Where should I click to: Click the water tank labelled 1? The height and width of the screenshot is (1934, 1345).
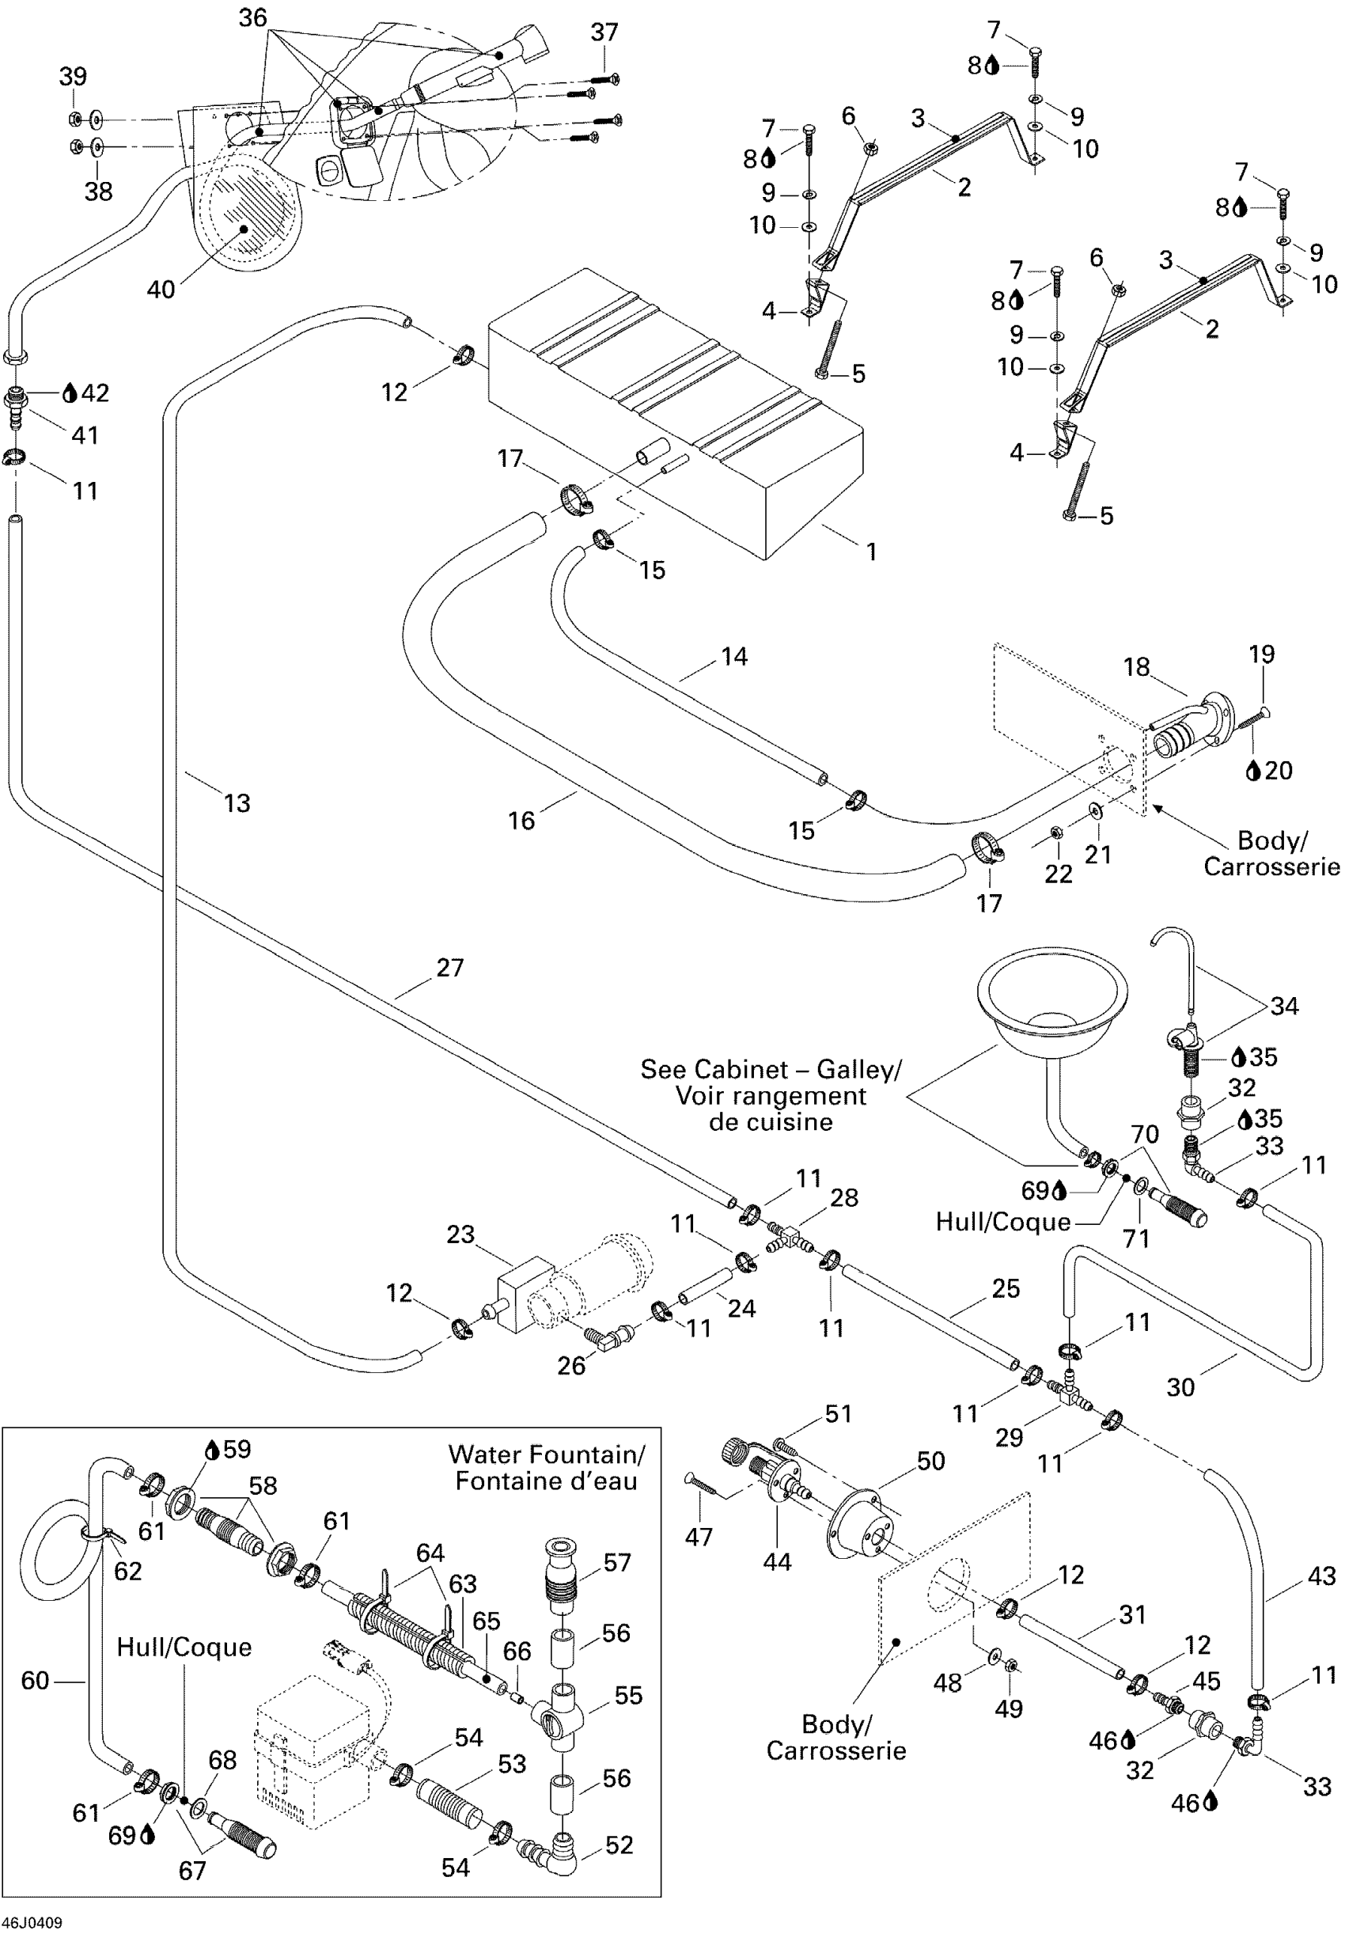674,413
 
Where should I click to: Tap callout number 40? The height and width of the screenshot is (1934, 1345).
161,290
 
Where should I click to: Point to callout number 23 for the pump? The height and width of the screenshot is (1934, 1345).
460,1234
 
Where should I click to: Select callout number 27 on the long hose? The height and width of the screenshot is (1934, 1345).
449,968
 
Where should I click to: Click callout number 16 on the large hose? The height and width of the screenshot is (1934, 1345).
521,821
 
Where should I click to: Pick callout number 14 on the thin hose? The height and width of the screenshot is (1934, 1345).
733,657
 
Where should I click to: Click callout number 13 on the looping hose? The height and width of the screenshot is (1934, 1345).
237,803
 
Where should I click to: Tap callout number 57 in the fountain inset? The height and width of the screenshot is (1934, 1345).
617,1563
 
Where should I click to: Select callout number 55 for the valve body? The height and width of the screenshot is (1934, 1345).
628,1696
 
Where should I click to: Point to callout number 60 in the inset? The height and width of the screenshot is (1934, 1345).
35,1682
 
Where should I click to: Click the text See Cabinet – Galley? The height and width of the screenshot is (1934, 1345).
770,1070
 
